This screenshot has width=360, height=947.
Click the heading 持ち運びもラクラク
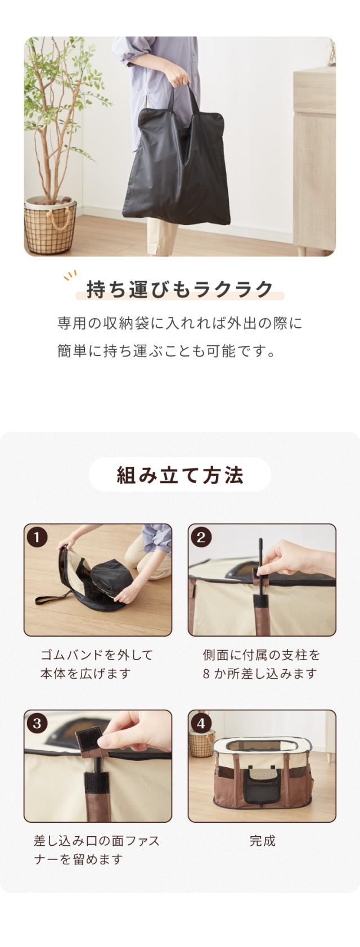coord(180,289)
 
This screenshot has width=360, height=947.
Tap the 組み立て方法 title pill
coord(180,475)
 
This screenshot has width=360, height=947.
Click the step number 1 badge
coord(37,538)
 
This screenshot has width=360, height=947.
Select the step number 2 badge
coord(201,538)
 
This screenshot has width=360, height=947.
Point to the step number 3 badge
coord(37,723)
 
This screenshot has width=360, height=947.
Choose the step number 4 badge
coord(201,723)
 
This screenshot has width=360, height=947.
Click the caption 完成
coord(262,841)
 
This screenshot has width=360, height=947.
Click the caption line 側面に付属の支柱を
coord(262,655)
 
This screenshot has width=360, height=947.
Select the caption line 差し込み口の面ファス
coord(97,841)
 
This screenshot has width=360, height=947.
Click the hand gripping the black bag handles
coord(179,78)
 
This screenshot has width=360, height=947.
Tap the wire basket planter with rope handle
coord(50,227)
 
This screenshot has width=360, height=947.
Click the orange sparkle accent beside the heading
coord(70,275)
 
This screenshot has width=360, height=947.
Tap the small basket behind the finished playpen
coord(202,743)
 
